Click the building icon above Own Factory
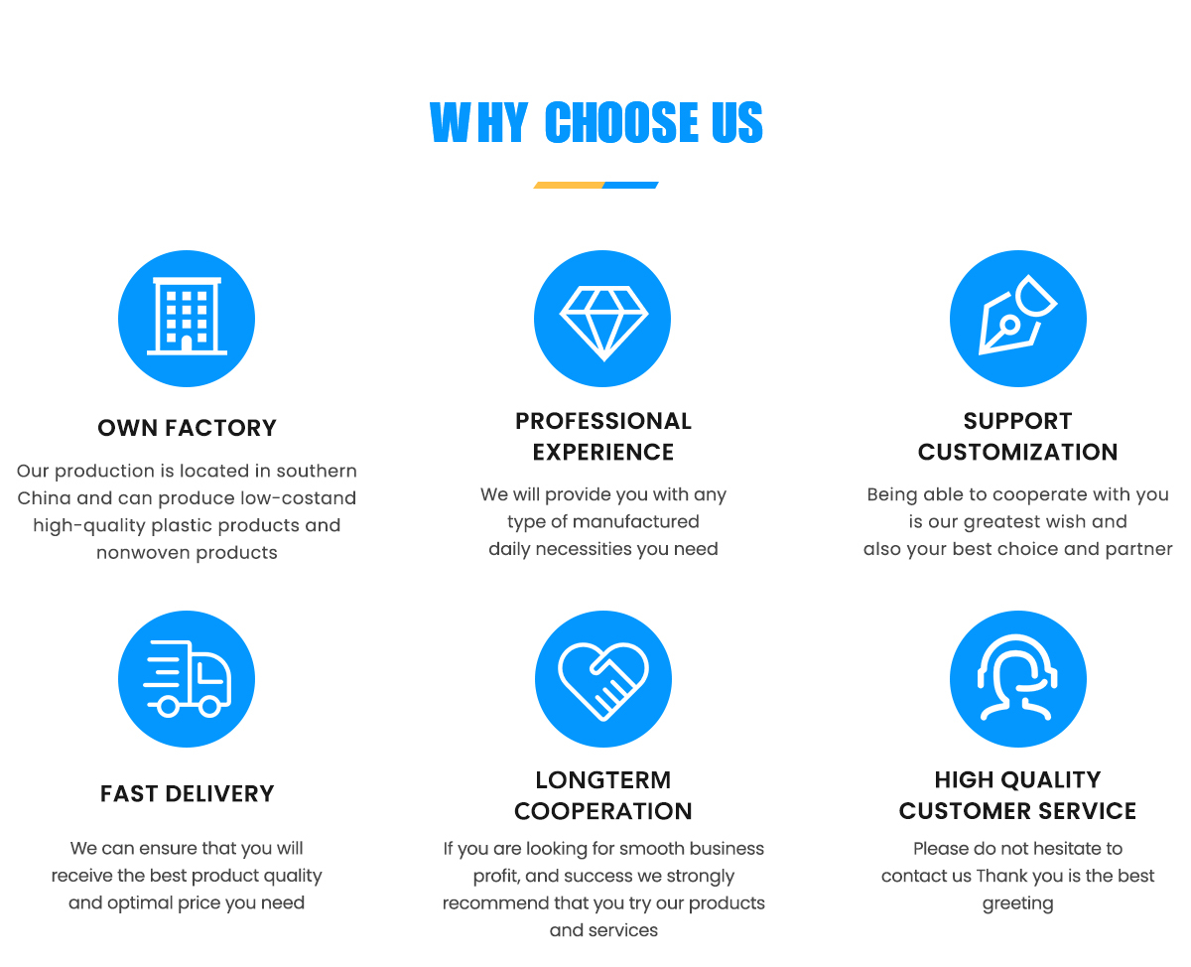click(x=187, y=318)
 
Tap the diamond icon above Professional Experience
click(x=602, y=319)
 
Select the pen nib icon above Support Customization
click(x=1017, y=318)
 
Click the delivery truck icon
click(x=187, y=679)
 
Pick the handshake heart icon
click(x=602, y=679)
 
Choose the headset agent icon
click(x=1017, y=679)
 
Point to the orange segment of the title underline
click(x=569, y=185)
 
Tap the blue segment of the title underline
click(x=631, y=185)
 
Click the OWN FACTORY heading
click(x=187, y=428)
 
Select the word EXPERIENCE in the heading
click(x=602, y=452)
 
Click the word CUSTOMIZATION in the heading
click(x=1017, y=452)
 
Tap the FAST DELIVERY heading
click(x=187, y=793)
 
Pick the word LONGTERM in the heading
click(x=602, y=779)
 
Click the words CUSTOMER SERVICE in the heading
click(x=1017, y=810)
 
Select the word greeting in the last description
click(x=1017, y=903)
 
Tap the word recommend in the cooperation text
click(x=490, y=903)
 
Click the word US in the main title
click(x=736, y=123)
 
